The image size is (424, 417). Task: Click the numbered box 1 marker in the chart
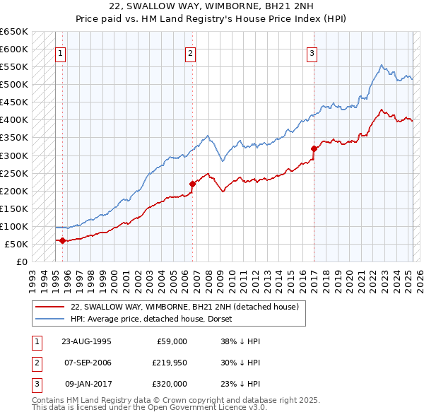click(61, 52)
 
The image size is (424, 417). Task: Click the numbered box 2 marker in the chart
click(190, 52)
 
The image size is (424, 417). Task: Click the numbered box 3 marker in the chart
click(312, 52)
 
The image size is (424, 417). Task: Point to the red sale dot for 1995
click(62, 240)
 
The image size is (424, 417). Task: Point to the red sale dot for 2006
click(192, 184)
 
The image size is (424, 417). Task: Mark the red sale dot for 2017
click(313, 148)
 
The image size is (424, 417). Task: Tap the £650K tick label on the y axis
click(14, 32)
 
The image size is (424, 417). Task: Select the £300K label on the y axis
click(14, 155)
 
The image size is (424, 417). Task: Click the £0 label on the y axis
click(21, 262)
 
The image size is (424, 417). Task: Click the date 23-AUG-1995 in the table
click(86, 341)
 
